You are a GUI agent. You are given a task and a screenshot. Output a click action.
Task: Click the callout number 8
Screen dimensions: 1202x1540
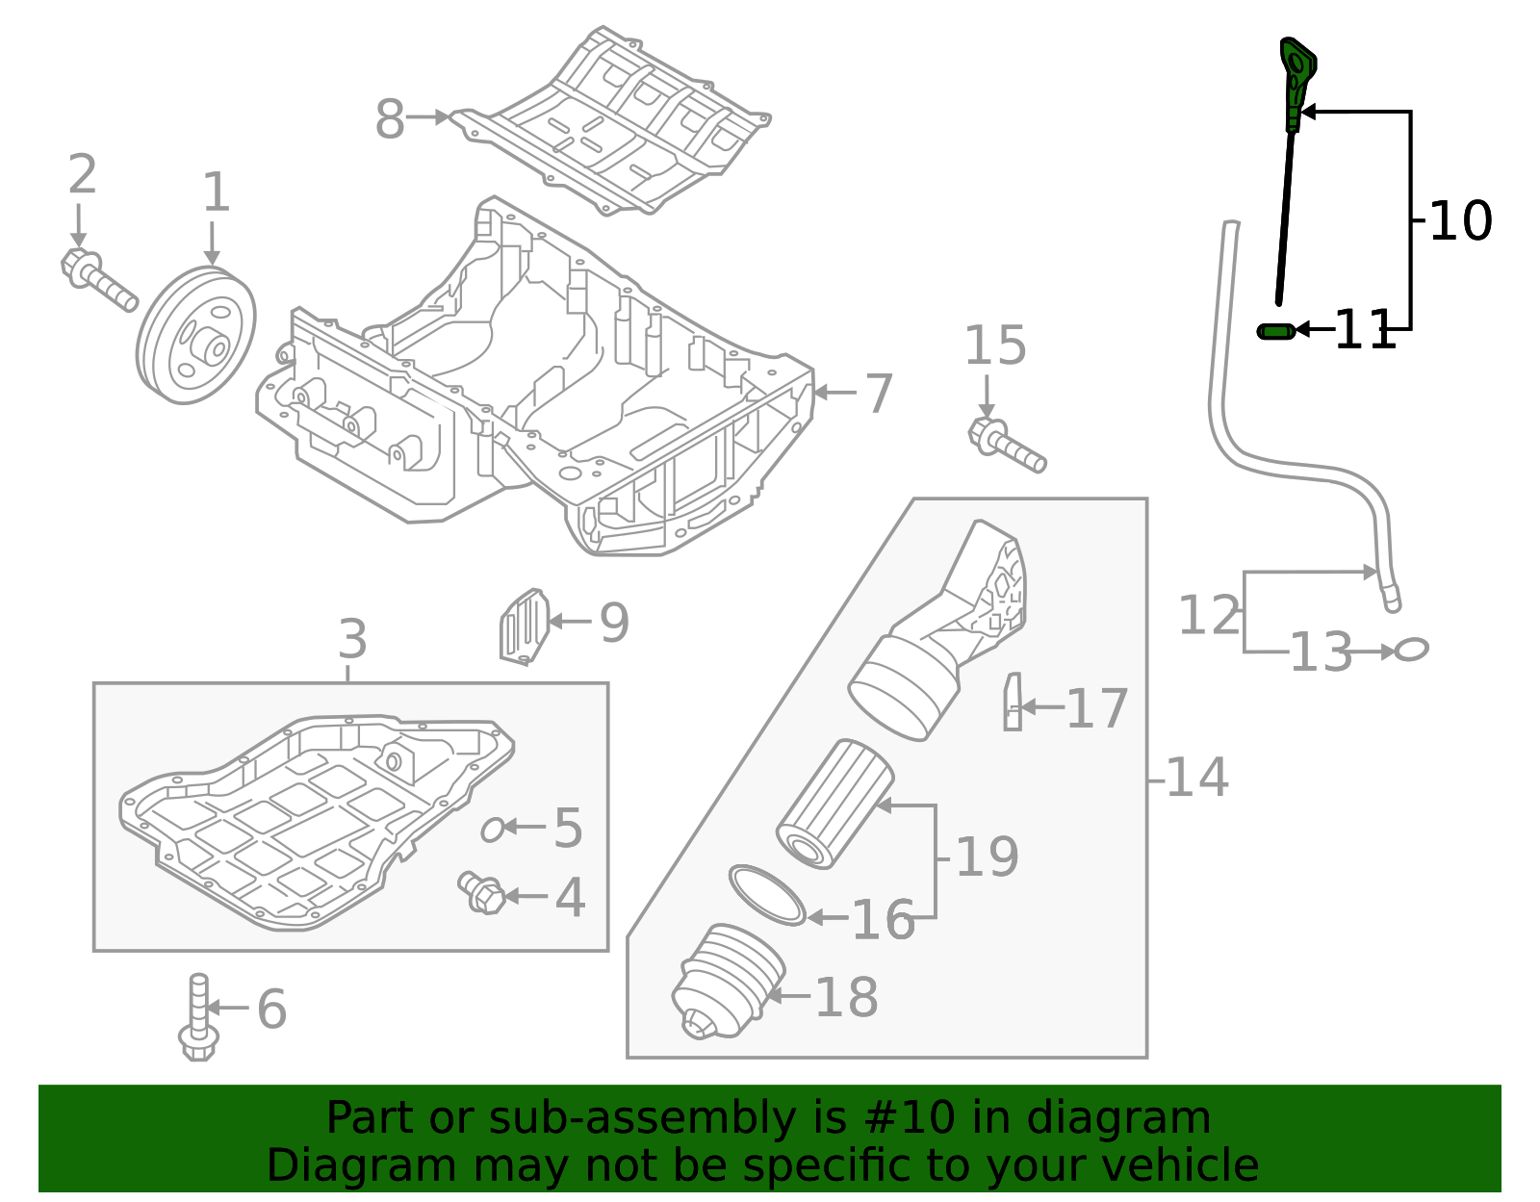(389, 121)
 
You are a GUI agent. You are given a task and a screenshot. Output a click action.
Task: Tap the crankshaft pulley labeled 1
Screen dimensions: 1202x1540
(197, 336)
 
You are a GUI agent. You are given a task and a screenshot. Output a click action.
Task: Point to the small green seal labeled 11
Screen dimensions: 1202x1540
(1275, 331)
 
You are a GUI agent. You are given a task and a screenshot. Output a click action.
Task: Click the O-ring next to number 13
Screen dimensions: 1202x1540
(1411, 650)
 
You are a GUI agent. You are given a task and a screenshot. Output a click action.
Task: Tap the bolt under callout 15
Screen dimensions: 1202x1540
(1005, 446)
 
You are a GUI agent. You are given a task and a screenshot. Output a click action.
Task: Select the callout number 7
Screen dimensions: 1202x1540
(879, 394)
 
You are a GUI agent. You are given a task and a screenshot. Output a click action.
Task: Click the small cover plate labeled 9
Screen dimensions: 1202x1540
(524, 627)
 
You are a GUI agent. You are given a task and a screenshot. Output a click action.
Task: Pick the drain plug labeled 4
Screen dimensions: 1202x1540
(482, 893)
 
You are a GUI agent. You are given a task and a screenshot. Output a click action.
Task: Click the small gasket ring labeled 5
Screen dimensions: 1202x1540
(492, 829)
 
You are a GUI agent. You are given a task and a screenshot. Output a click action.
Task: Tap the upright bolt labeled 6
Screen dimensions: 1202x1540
(198, 1020)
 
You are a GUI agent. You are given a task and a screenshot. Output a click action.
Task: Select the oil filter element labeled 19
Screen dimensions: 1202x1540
(834, 805)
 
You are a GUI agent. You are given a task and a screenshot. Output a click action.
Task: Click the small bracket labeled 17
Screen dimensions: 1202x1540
(1012, 703)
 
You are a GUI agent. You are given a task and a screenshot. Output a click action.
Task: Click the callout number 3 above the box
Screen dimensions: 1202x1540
(352, 640)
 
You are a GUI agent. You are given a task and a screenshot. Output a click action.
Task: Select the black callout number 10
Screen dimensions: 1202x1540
(1460, 221)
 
